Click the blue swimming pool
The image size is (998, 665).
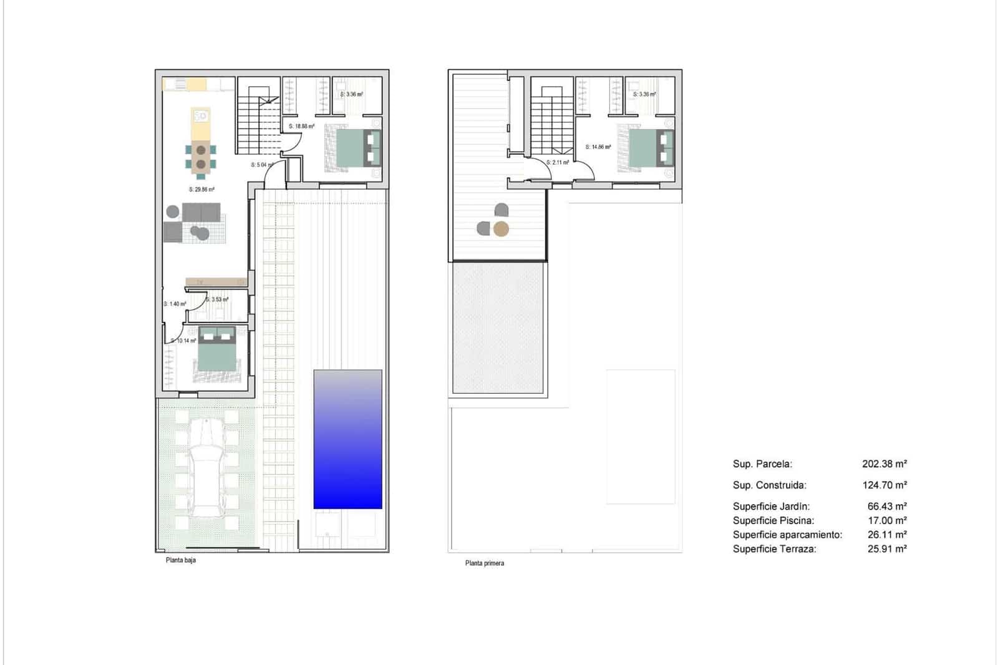347,439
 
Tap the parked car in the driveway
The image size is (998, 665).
206,468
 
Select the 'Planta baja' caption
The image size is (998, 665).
181,560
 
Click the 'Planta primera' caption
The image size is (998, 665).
485,563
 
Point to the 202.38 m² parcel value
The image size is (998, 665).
884,464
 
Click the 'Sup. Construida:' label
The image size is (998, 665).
769,485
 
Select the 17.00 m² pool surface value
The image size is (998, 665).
887,521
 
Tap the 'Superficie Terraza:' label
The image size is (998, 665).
774,550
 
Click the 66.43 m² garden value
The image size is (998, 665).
887,507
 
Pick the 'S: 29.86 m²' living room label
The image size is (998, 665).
201,190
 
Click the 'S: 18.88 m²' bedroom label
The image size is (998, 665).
302,127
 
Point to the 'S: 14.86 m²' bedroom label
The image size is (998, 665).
598,147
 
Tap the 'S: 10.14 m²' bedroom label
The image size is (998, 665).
183,341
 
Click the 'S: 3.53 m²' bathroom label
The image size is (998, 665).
217,299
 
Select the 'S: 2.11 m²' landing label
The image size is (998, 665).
558,162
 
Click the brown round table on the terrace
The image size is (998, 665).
501,230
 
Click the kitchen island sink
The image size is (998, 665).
201,116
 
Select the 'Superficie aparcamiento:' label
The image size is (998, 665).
787,535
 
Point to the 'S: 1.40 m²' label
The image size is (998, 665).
175,304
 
